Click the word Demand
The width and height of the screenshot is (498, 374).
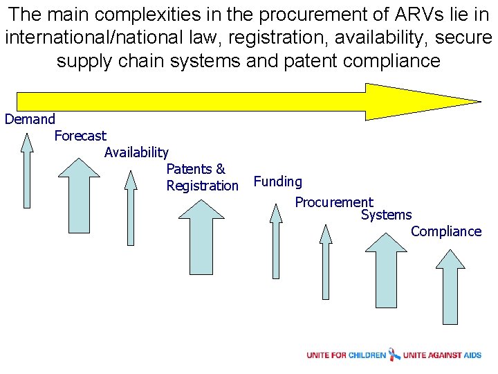[30, 119]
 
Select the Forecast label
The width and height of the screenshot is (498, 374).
[80, 136]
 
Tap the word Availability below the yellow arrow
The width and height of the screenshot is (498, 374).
[136, 152]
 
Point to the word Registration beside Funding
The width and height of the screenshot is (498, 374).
[202, 186]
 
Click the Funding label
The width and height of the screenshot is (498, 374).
[277, 181]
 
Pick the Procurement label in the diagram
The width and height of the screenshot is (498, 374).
[333, 202]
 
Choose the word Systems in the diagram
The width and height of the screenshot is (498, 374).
[386, 215]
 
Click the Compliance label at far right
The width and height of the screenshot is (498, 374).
[445, 231]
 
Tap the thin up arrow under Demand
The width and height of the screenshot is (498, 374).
[26, 170]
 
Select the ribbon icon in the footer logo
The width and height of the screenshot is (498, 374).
[394, 355]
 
